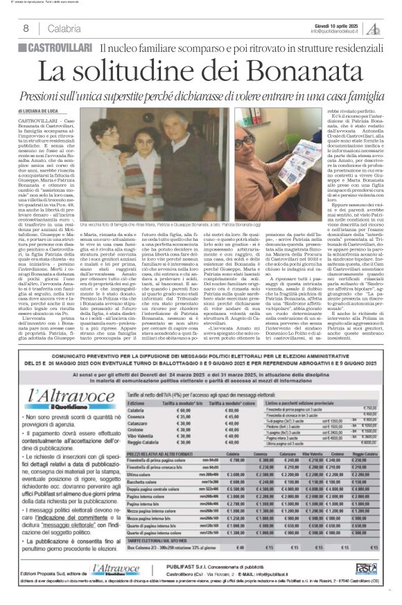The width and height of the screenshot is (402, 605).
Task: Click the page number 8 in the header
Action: click(25, 28)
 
